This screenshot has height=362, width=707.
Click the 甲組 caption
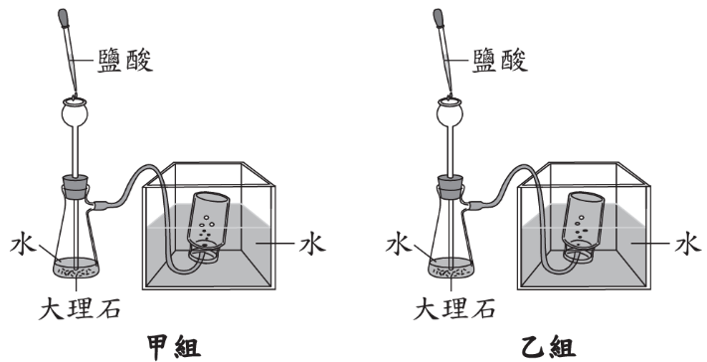(174, 348)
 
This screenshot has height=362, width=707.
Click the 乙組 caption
(549, 348)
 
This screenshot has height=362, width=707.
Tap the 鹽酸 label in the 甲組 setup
(125, 61)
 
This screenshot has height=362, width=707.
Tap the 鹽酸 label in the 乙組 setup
(500, 61)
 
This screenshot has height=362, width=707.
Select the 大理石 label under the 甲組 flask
(80, 309)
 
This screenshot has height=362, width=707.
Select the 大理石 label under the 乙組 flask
(454, 309)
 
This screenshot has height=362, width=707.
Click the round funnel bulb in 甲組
(75, 112)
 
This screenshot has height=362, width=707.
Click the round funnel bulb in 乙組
(449, 112)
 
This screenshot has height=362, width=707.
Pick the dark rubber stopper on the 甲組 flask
(75, 187)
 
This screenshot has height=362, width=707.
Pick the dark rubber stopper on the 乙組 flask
(449, 187)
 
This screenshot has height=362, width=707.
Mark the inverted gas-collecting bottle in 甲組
(208, 225)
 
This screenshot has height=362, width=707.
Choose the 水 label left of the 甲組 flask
(23, 244)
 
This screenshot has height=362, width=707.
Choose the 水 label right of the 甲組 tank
(312, 244)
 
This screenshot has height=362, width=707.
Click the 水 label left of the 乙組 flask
(399, 244)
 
